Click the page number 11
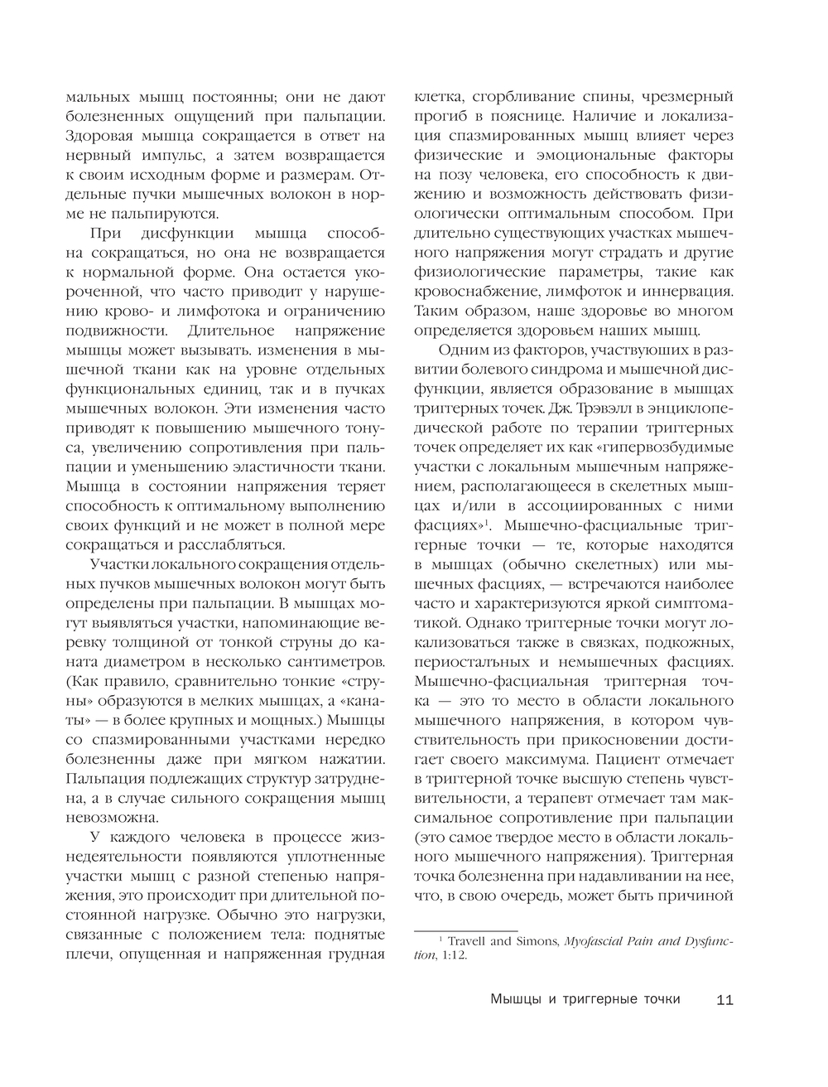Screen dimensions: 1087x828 point(724,1000)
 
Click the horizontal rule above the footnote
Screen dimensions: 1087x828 point(465,930)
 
